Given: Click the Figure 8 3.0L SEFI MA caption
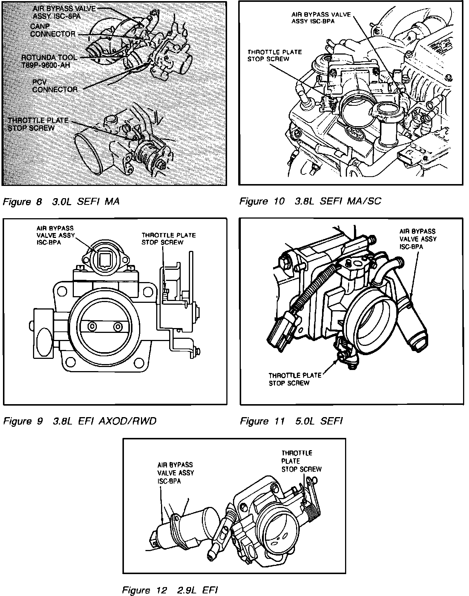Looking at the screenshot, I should click(61, 202).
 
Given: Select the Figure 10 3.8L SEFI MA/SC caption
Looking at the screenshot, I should click(310, 201).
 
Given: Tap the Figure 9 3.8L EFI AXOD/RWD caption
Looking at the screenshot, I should click(79, 421).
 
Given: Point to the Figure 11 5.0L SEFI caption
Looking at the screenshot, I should click(291, 421).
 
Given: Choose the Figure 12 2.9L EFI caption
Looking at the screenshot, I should click(170, 590).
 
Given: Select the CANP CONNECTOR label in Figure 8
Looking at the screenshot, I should click(52, 30).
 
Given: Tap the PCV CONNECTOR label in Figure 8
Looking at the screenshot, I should click(55, 86).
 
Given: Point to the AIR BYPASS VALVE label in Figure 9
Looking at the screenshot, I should click(55, 235).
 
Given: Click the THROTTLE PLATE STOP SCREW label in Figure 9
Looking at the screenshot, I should click(168, 239).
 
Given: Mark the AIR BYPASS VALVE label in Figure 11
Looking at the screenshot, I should click(418, 239).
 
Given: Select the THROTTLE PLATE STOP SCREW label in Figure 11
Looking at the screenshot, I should click(295, 379).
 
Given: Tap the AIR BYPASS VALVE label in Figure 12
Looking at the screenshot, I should click(176, 472).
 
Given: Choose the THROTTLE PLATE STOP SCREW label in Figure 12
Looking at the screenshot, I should click(301, 461).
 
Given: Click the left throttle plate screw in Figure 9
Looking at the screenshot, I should click(91, 326).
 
